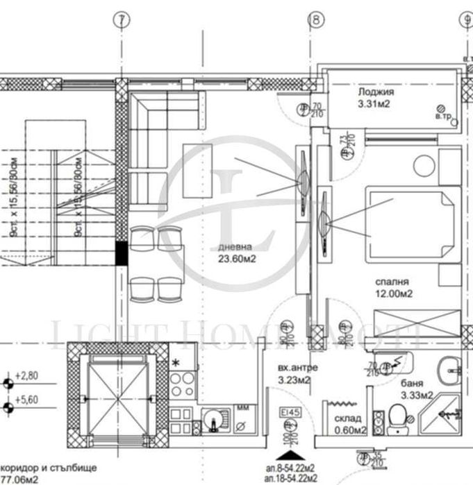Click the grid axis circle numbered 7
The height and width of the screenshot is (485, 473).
pos(123,20)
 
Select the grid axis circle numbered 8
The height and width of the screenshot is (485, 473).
pos(316,20)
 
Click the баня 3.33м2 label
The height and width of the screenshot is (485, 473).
pos(417,389)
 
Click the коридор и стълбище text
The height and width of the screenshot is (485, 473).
pos(46,467)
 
